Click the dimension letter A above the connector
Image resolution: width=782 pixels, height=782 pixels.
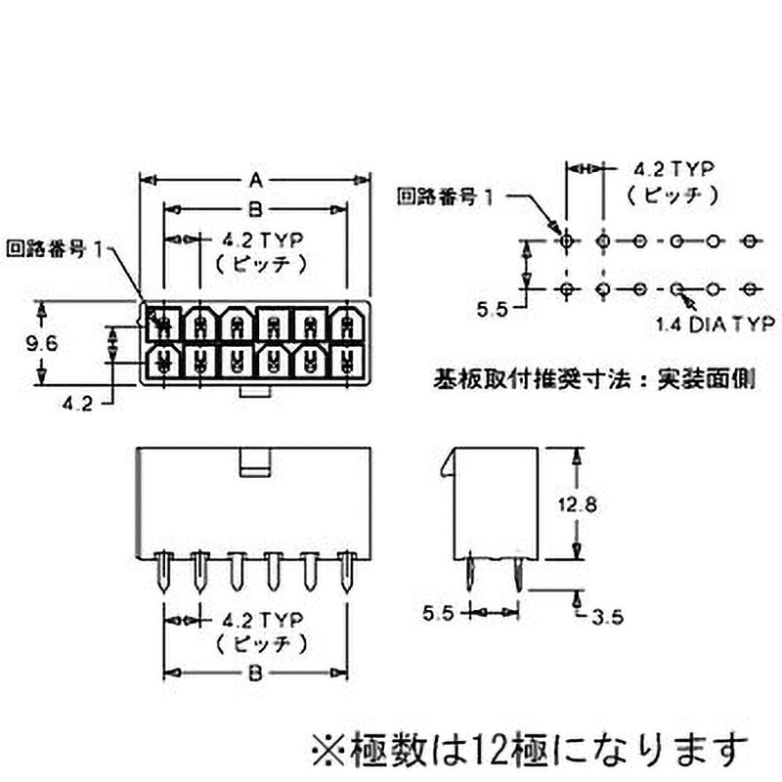256,180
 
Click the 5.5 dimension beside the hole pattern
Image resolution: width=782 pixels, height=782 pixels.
495,310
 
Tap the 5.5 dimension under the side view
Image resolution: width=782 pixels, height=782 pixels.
439,614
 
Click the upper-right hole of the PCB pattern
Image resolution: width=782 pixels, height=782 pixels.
751,240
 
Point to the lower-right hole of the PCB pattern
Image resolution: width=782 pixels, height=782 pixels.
751,289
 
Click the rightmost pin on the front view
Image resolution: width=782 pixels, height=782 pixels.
346,571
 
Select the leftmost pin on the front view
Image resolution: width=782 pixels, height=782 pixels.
164,571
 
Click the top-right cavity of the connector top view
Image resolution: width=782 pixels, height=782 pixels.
346,322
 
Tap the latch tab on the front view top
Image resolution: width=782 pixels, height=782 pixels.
255,461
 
